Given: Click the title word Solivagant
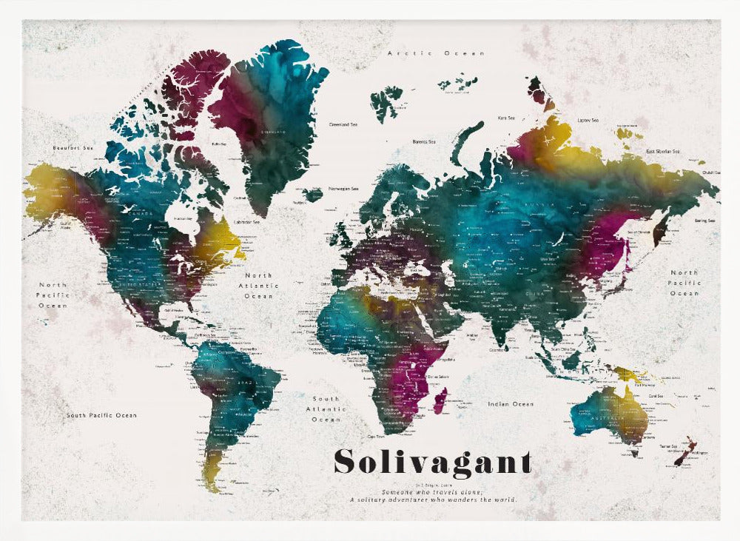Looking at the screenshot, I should (x=433, y=462).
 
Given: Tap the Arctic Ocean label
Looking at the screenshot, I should (x=437, y=53).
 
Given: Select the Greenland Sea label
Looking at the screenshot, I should (x=344, y=124).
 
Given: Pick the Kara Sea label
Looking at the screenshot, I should (x=506, y=118).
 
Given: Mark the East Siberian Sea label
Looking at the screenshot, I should (x=662, y=151).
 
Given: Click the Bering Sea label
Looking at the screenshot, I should (x=704, y=221).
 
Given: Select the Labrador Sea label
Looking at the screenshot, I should (x=246, y=221).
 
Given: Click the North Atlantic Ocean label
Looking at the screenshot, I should (x=259, y=286).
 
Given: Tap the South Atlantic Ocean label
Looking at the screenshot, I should (x=326, y=409).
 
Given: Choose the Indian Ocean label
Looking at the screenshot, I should (x=511, y=404).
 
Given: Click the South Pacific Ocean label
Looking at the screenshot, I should (x=101, y=415).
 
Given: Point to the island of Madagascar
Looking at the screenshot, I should (x=440, y=400).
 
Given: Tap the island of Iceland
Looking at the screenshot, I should (x=313, y=195).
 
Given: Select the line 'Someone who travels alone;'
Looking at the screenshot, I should (x=432, y=492).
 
